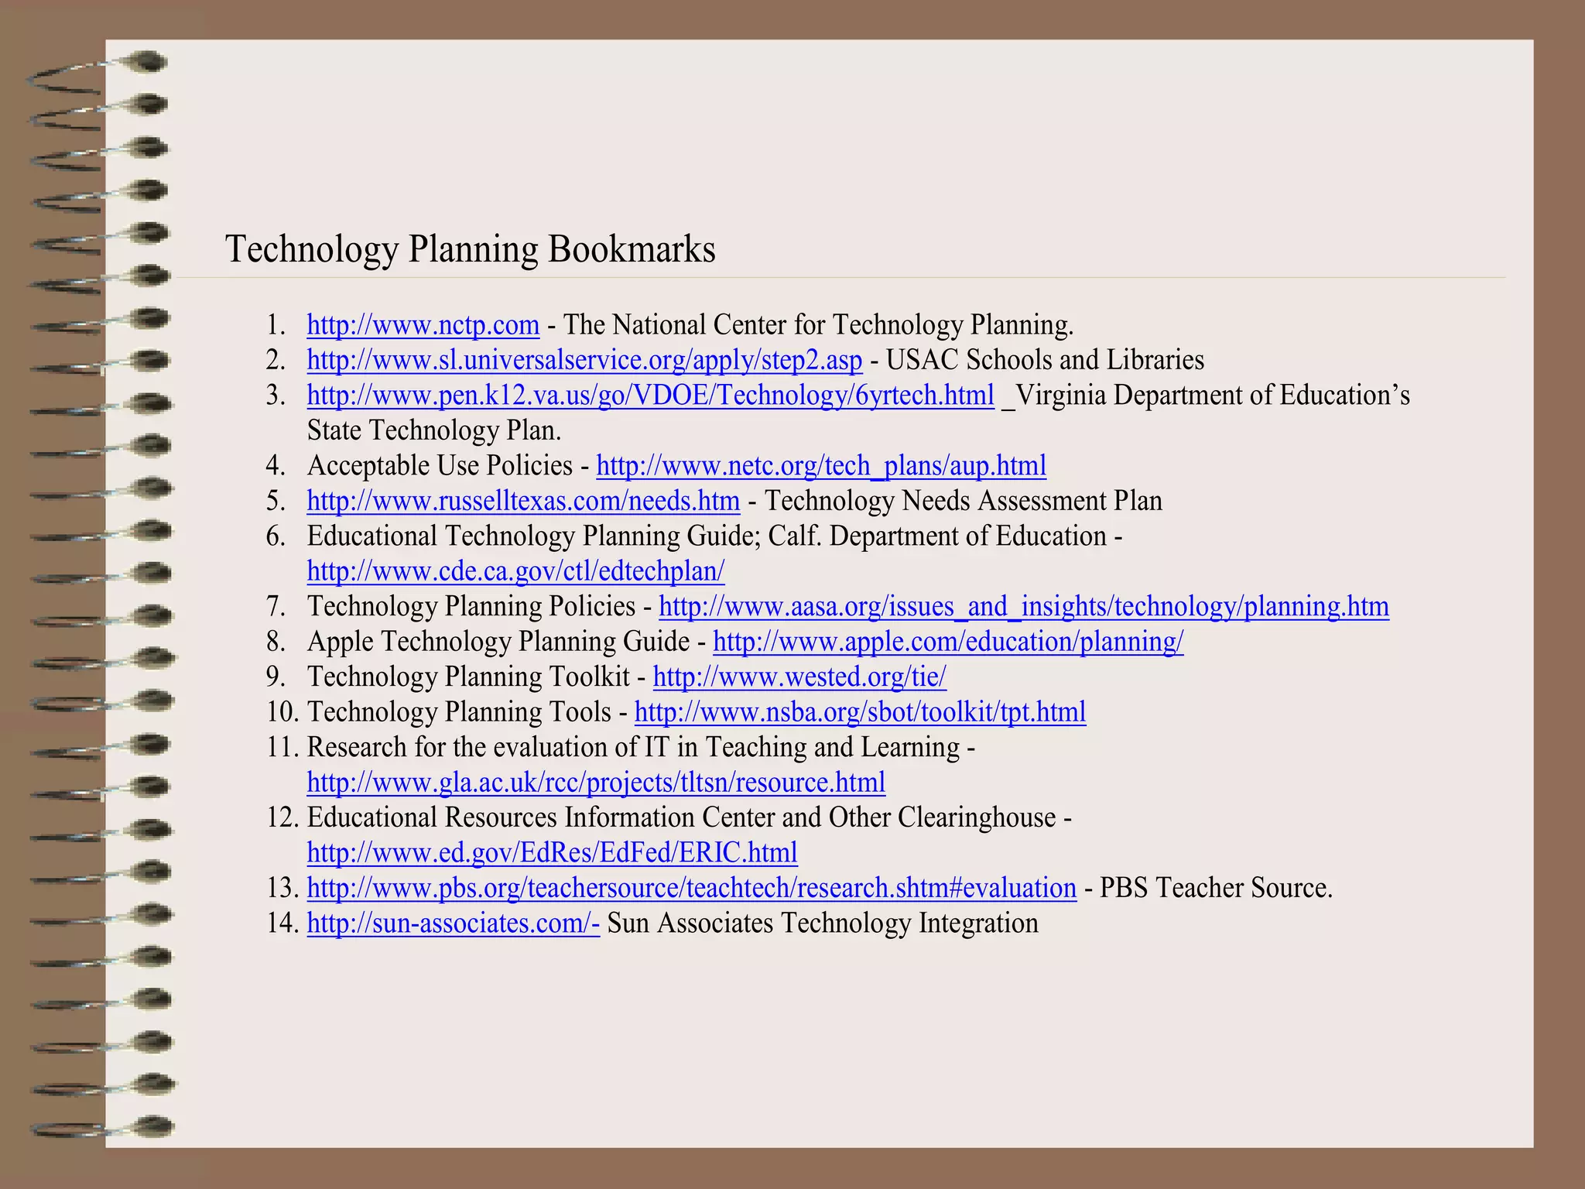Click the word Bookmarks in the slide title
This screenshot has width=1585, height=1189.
(x=632, y=249)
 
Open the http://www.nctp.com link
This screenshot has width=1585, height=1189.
(x=423, y=325)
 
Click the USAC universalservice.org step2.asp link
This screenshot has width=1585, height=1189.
(x=584, y=361)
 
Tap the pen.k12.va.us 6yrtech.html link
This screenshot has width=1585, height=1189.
(x=650, y=396)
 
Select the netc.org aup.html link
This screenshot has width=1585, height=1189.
(x=821, y=466)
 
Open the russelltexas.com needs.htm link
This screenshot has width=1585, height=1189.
(x=523, y=502)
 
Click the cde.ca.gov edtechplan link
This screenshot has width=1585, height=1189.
(x=515, y=571)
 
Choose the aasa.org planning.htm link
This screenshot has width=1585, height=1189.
(x=1023, y=607)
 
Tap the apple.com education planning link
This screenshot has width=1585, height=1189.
(x=948, y=642)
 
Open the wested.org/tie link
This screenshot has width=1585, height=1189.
(x=799, y=677)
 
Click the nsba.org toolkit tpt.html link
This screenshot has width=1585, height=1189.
(x=860, y=712)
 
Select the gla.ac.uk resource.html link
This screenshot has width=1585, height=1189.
(x=596, y=783)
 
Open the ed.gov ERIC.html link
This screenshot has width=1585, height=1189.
(x=552, y=853)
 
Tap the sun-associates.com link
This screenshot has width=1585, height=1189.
(x=453, y=923)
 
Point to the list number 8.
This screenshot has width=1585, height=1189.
(x=276, y=642)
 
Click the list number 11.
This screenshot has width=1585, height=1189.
(x=282, y=748)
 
